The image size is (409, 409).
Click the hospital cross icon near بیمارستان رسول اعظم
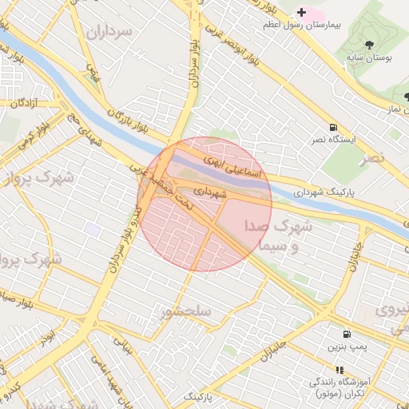(301, 12)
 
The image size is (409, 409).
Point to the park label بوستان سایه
(367, 58)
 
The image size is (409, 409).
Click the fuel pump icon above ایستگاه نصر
(332, 127)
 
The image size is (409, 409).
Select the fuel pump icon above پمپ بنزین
(346, 334)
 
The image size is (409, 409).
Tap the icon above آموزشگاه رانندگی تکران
(340, 370)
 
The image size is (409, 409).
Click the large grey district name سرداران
(110, 34)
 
